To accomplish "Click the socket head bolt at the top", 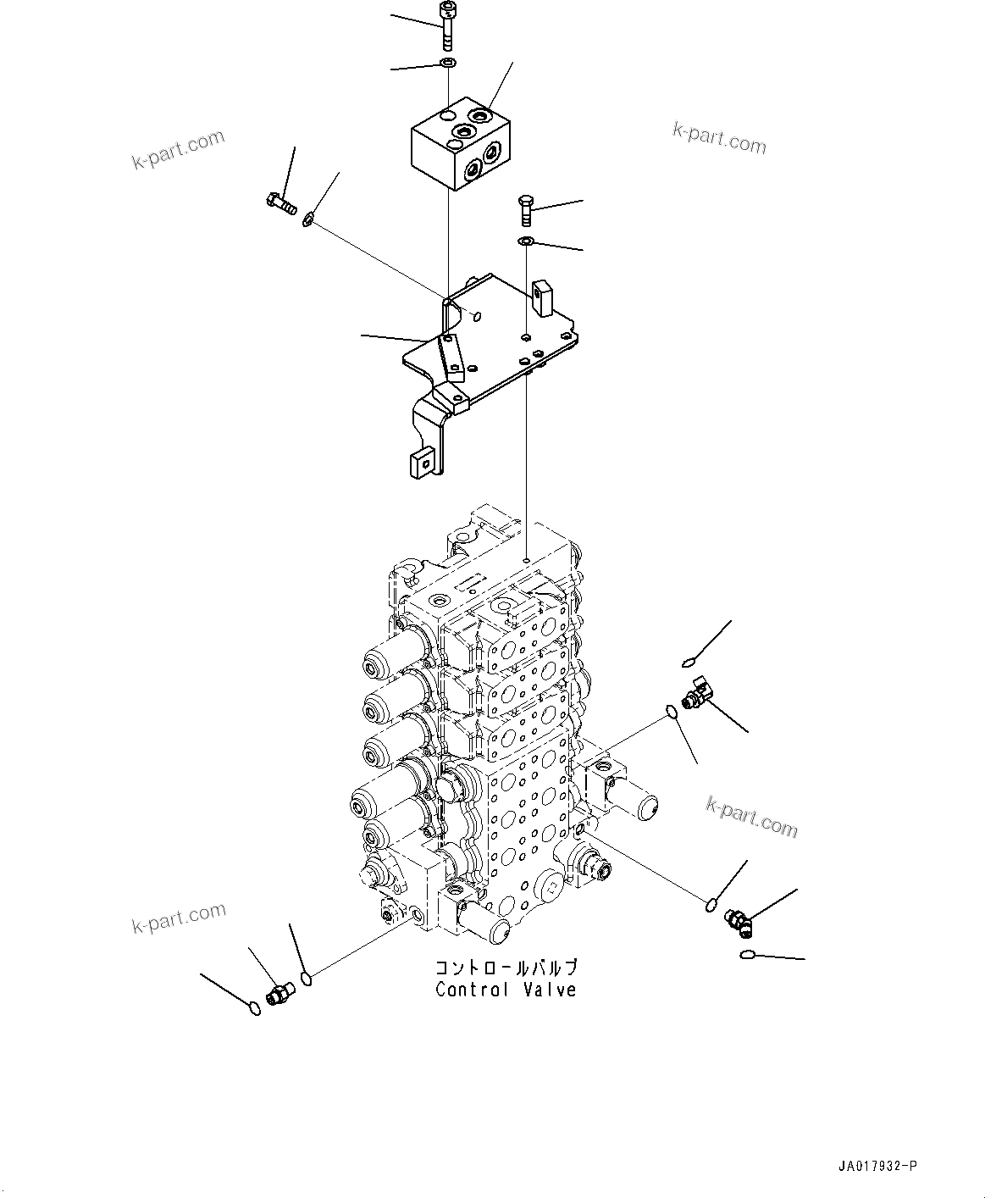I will (446, 25).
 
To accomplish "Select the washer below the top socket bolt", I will (448, 64).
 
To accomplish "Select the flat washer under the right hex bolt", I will (525, 243).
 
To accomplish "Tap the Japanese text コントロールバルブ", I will (506, 968).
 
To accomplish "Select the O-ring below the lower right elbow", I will (746, 956).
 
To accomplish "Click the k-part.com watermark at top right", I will (719, 138).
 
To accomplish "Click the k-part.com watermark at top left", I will (179, 149).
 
